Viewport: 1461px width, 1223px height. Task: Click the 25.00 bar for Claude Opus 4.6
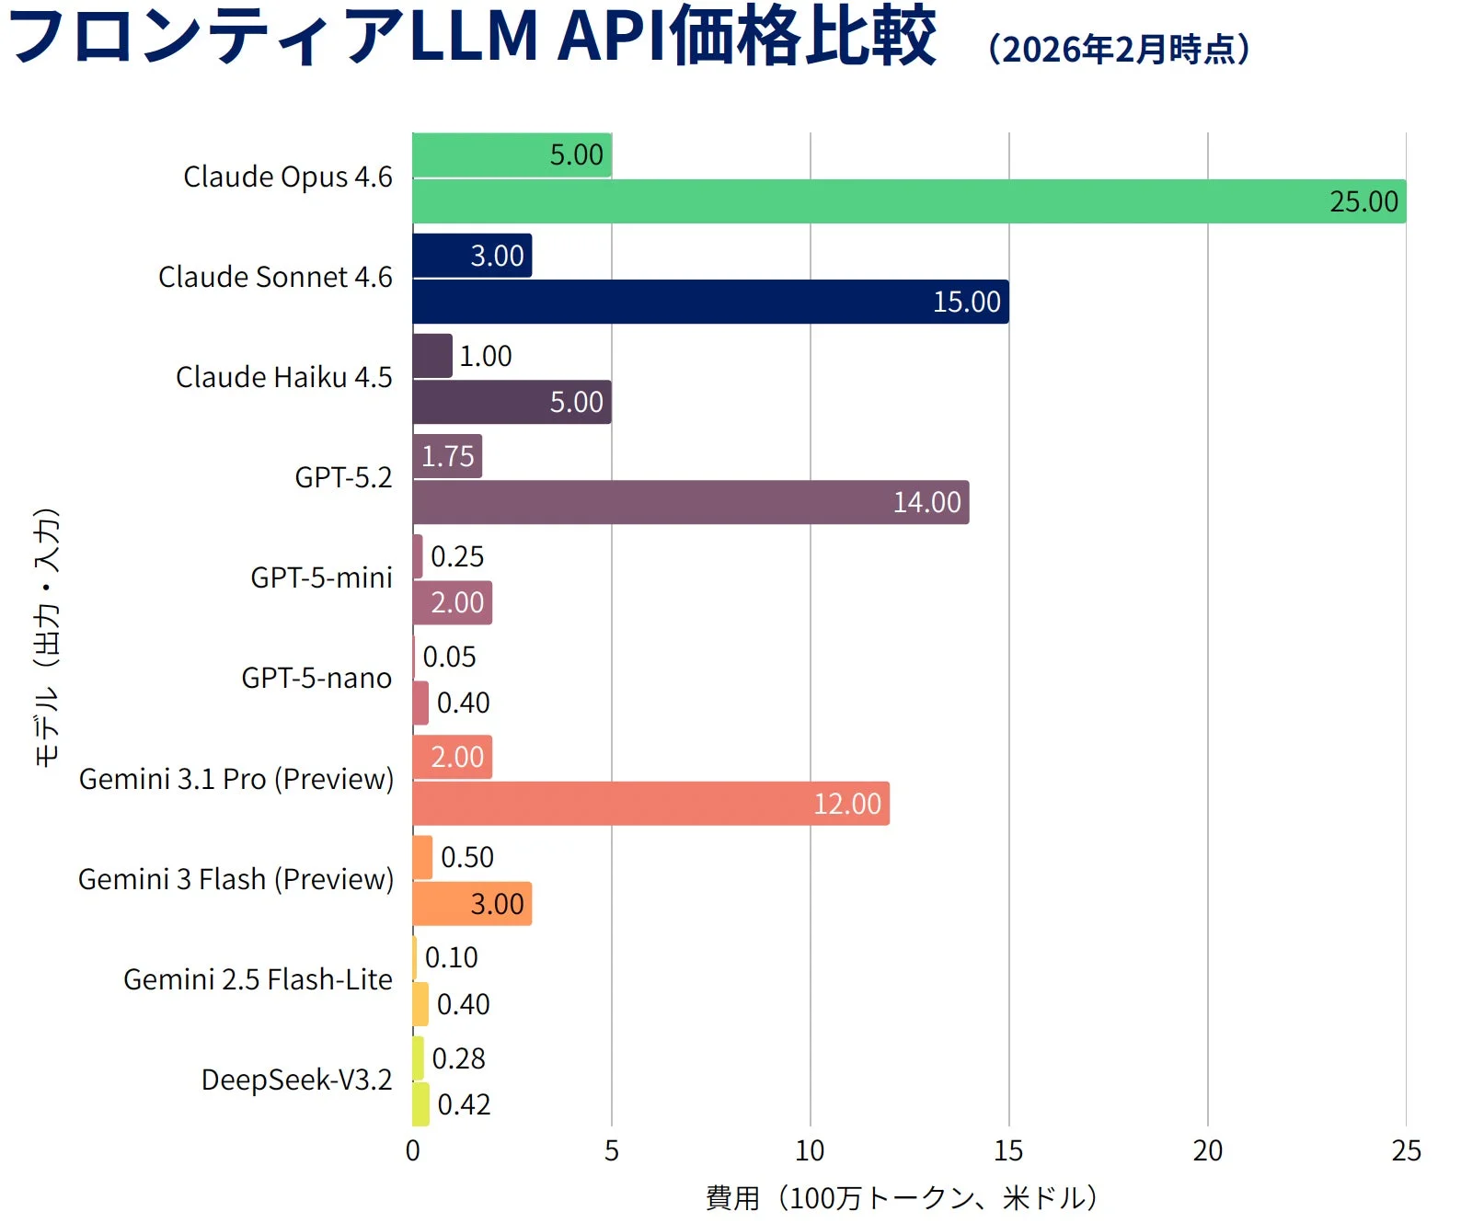tap(909, 201)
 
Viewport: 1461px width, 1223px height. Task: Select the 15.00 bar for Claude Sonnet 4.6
tap(710, 302)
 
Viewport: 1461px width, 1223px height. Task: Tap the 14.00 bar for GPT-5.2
tap(690, 502)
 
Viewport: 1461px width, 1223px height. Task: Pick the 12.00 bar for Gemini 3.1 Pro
tap(650, 804)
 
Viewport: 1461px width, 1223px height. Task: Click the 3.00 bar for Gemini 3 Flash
tap(472, 904)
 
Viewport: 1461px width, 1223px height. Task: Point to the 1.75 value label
tap(448, 456)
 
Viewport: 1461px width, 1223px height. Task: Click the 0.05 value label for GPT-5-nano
tap(449, 657)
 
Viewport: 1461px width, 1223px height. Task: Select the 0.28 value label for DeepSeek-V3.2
tap(458, 1058)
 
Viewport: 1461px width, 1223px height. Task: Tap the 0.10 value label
tap(451, 957)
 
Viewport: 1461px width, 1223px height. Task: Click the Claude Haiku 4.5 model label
tap(283, 377)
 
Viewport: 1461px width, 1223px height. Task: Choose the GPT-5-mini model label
tap(321, 577)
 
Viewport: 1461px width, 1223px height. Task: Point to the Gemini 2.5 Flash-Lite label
tap(258, 979)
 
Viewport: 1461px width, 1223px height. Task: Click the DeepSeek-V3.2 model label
tap(296, 1080)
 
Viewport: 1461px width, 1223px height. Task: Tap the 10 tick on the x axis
tap(810, 1150)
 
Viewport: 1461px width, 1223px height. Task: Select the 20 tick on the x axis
tap(1207, 1150)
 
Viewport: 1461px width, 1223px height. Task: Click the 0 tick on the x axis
tap(412, 1150)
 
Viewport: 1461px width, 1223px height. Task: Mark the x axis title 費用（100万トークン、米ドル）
tap(902, 1197)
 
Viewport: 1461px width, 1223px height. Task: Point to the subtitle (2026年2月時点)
tap(1119, 50)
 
